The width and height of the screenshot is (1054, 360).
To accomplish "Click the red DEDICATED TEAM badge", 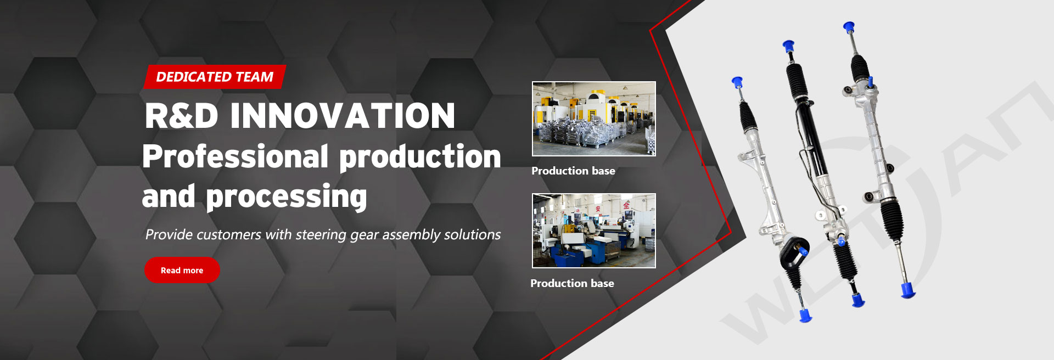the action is [x=215, y=77].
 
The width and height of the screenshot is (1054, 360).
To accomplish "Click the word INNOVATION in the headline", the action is [x=343, y=116].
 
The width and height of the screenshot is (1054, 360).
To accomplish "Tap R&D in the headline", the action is [x=182, y=116].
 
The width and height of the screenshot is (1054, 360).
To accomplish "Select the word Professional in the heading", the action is [x=236, y=156].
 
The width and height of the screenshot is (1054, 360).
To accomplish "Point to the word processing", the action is [x=287, y=197].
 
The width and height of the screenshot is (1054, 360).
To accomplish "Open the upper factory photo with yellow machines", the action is [x=594, y=119].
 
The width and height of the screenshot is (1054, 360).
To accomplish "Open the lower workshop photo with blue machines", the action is [x=594, y=230].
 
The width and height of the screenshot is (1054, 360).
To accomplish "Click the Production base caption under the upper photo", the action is [x=573, y=171].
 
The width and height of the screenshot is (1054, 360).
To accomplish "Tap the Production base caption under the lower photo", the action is [x=572, y=283].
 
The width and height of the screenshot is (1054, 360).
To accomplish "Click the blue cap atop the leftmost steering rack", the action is [x=737, y=82].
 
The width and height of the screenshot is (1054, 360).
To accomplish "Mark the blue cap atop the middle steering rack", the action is [x=789, y=46].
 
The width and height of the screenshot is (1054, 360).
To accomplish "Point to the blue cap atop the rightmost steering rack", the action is [x=849, y=27].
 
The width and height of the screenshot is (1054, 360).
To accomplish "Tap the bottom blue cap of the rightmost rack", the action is [x=908, y=290].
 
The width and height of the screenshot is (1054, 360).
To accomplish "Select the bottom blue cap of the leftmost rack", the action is [x=805, y=315].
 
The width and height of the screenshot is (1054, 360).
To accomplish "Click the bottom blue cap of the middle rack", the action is [x=858, y=300].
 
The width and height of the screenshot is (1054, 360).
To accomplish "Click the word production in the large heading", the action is [x=421, y=157].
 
